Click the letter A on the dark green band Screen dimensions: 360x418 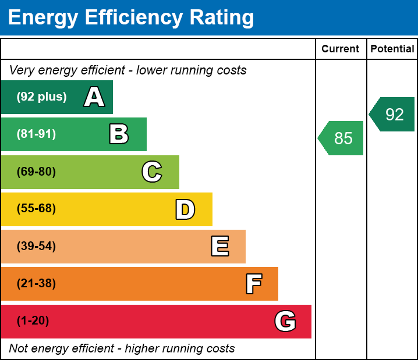[x=94, y=97]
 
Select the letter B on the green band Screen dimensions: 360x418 [x=119, y=134]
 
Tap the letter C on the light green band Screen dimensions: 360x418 [x=152, y=172]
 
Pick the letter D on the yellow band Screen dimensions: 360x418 [x=185, y=209]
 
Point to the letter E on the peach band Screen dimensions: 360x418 [x=219, y=247]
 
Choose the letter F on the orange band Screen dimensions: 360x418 [x=253, y=284]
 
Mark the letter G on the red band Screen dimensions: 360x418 [x=285, y=321]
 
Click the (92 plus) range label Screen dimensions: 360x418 [x=41, y=97]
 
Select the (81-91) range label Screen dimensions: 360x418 [x=36, y=134]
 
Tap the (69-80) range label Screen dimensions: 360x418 [x=36, y=172]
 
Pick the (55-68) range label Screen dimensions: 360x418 [x=36, y=209]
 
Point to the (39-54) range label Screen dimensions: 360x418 [x=36, y=246]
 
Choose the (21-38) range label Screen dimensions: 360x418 [x=36, y=284]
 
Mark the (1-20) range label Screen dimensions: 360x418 [x=33, y=321]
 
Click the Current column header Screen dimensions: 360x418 [x=341, y=49]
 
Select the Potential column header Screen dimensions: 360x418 [x=392, y=49]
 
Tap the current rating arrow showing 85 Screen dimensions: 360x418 [x=342, y=138]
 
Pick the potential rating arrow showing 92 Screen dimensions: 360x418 [x=393, y=115]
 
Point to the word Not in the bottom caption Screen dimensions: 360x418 [x=19, y=348]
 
